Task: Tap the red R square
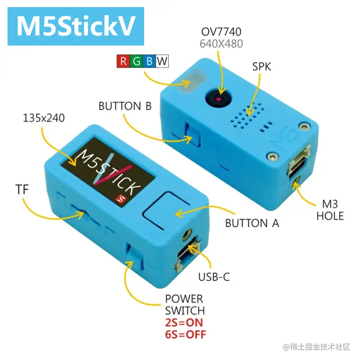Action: click(x=123, y=62)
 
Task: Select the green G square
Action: click(x=136, y=62)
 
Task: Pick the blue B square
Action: click(x=149, y=62)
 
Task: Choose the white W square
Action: click(x=162, y=62)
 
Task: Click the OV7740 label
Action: click(x=221, y=31)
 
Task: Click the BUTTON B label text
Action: click(x=125, y=106)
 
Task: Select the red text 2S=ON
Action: click(x=184, y=323)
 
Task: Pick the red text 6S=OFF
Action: click(x=186, y=334)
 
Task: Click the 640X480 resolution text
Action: click(x=221, y=44)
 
